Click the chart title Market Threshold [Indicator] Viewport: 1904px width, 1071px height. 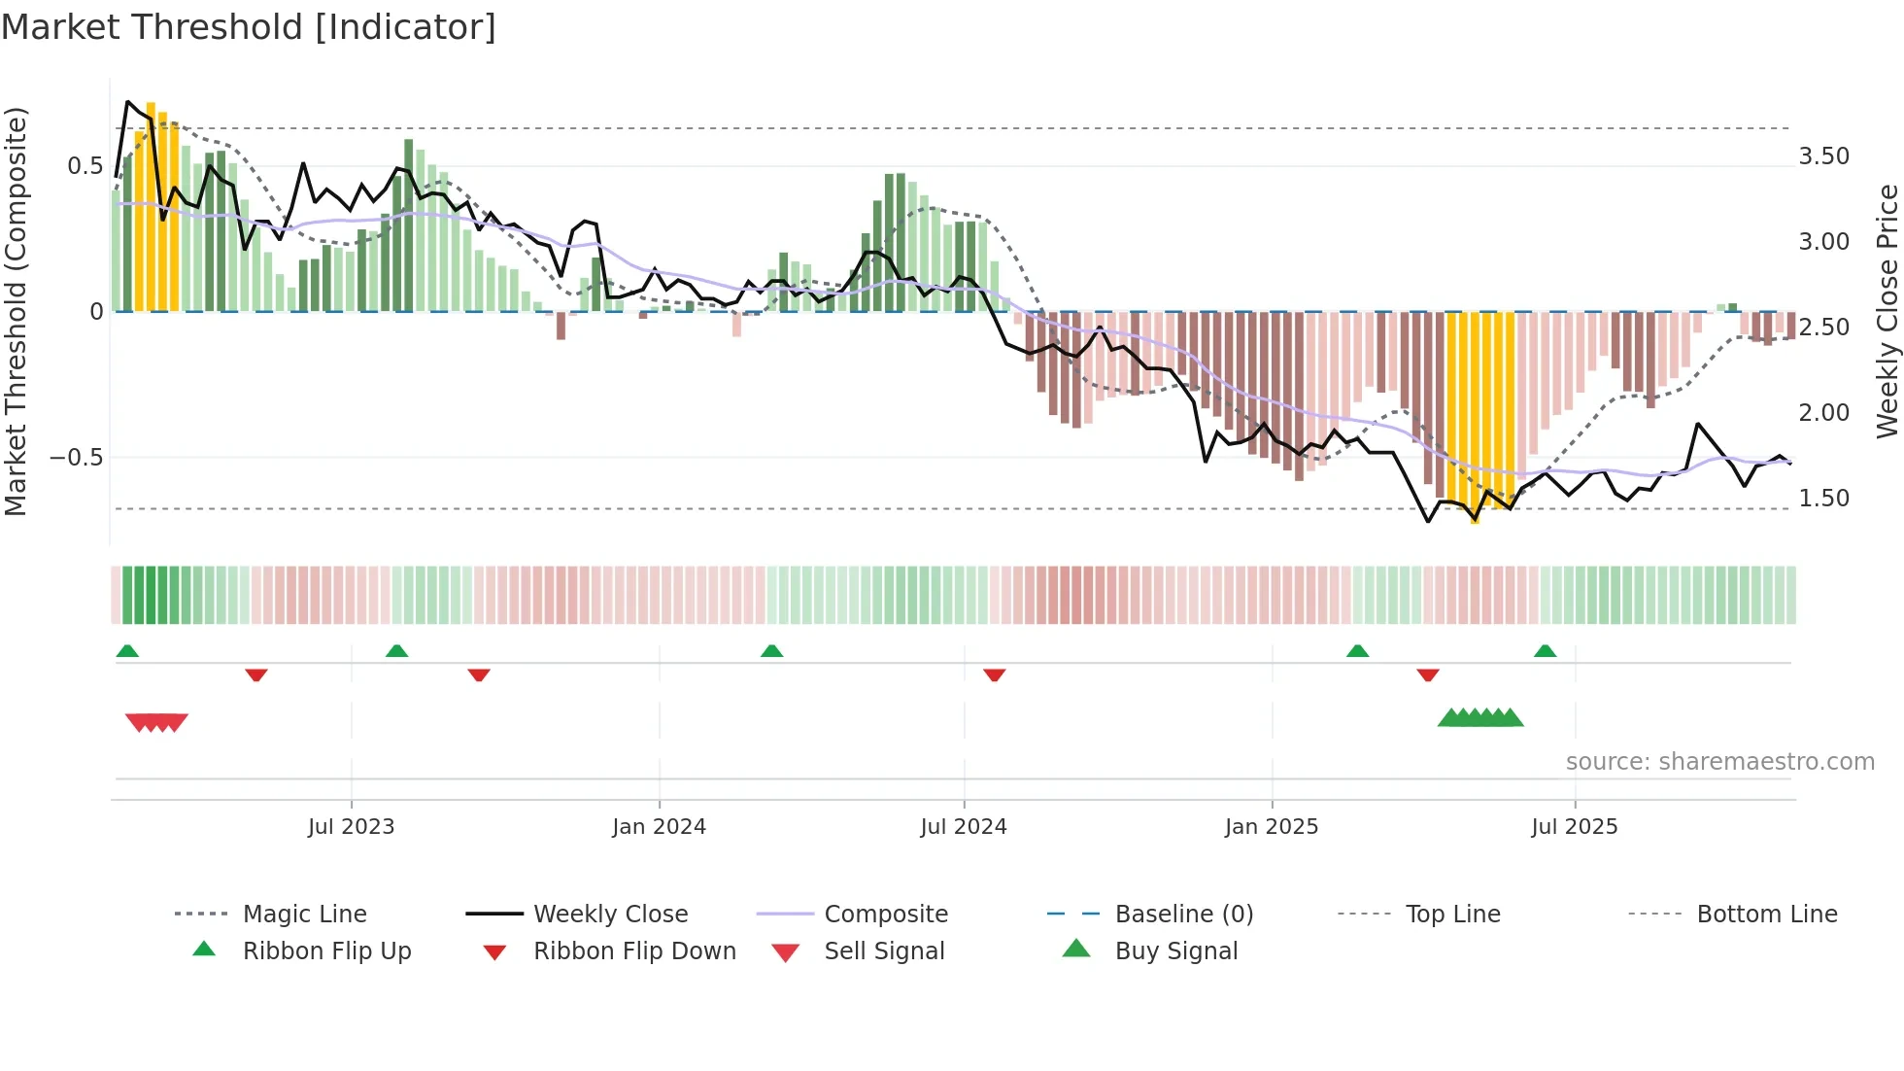click(x=249, y=27)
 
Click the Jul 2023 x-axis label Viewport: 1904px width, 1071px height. click(x=351, y=827)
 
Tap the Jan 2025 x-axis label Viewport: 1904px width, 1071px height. click(x=1271, y=827)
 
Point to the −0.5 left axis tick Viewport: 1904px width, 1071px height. click(x=76, y=458)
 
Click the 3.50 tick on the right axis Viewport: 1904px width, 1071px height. click(x=1823, y=156)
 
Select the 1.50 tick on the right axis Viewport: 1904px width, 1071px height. click(x=1823, y=499)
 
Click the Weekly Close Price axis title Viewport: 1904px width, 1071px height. click(x=1887, y=311)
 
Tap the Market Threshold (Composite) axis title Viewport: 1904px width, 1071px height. click(x=16, y=311)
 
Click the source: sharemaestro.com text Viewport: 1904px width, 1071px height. click(x=1719, y=762)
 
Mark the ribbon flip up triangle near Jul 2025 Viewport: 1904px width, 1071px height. click(x=1545, y=651)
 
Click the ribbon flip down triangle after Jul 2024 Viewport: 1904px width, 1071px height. click(x=994, y=674)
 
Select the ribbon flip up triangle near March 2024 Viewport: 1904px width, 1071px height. click(x=771, y=651)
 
